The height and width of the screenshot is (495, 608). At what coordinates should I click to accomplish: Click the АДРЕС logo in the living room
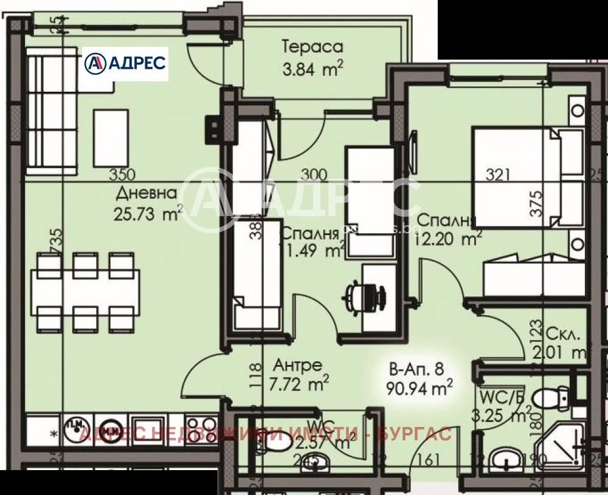click(125, 63)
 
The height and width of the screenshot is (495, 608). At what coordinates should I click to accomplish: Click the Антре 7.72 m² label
click(298, 374)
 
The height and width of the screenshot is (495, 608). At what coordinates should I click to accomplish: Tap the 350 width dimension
click(122, 176)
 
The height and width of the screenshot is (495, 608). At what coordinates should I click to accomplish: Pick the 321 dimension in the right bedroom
click(498, 176)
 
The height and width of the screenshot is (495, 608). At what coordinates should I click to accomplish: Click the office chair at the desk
click(365, 297)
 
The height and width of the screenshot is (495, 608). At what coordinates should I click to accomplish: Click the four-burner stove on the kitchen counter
click(201, 426)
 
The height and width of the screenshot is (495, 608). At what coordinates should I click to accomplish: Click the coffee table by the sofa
click(111, 133)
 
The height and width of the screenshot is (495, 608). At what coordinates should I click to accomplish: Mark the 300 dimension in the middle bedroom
click(314, 176)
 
